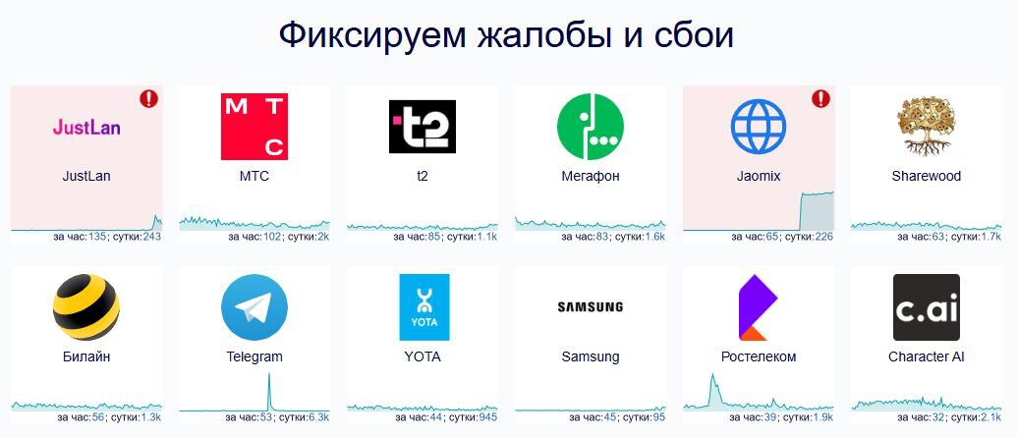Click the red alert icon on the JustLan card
pos(148,98)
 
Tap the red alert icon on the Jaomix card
pos(820,98)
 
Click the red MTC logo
pos(254,127)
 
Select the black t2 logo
pos(423,127)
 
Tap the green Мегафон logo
pos(591,127)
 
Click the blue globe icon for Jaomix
pos(759,127)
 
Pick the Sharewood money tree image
pos(927,127)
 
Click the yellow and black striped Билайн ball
pos(86,307)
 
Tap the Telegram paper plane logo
pos(254,307)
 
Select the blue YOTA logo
pos(424,307)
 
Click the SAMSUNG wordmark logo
pos(591,306)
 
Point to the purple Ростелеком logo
pos(759,307)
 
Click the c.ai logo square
pos(927,307)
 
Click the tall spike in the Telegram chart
pos(268,391)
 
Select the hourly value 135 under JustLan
pos(96,237)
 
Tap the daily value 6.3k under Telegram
pos(319,417)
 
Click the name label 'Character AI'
pos(927,356)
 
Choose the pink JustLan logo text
pos(86,127)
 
